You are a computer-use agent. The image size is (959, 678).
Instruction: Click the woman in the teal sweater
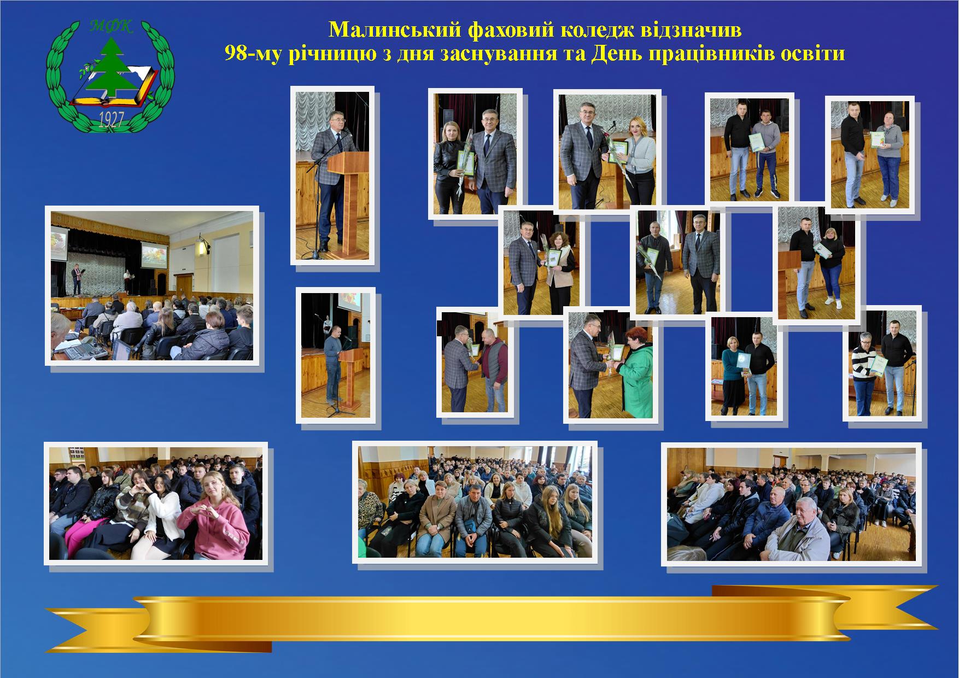pos(731,375)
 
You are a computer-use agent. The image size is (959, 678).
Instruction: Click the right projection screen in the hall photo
pos(155,254)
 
